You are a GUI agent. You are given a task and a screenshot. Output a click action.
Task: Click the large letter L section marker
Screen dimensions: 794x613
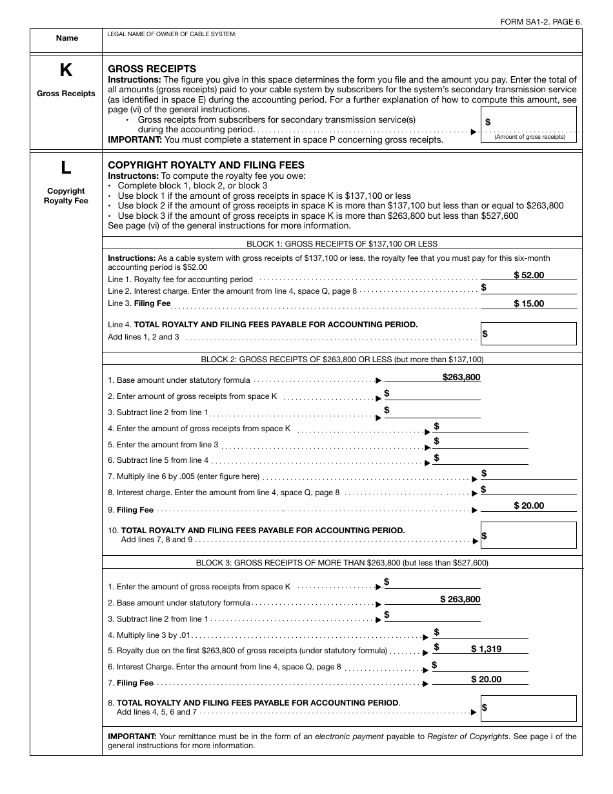click(x=66, y=168)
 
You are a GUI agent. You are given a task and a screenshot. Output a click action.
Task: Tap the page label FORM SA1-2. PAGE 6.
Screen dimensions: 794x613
click(x=541, y=21)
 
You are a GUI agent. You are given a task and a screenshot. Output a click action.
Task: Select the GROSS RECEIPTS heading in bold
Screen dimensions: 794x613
click(x=152, y=69)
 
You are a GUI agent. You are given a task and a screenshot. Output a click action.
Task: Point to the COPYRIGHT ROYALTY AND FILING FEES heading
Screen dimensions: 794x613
click(x=206, y=165)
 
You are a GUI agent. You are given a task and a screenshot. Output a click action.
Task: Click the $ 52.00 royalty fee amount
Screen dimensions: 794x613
click(x=528, y=275)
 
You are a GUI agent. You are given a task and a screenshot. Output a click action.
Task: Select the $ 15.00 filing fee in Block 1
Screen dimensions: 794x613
click(x=528, y=303)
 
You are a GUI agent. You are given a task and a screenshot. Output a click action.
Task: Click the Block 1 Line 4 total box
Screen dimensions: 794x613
click(x=528, y=334)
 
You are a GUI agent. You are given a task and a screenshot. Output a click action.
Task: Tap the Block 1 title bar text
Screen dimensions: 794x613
click(x=342, y=243)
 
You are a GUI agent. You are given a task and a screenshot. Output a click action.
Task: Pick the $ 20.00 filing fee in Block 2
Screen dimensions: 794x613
click(x=528, y=505)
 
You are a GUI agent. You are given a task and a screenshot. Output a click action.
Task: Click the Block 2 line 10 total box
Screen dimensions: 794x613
click(x=528, y=535)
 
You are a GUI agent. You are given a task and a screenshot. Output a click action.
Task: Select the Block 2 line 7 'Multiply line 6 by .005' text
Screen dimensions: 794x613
click(x=188, y=476)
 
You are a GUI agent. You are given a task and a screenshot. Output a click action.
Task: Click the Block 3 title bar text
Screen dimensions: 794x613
click(x=342, y=562)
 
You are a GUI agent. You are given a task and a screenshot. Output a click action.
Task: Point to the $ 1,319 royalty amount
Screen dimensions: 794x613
click(x=486, y=649)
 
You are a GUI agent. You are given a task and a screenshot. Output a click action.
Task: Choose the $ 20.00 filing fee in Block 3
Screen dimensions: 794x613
click(x=486, y=679)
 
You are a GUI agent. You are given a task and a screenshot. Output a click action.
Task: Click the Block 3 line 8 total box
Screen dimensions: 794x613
click(x=528, y=708)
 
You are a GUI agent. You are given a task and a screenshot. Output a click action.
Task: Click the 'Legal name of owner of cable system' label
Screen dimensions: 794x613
click(x=172, y=34)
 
